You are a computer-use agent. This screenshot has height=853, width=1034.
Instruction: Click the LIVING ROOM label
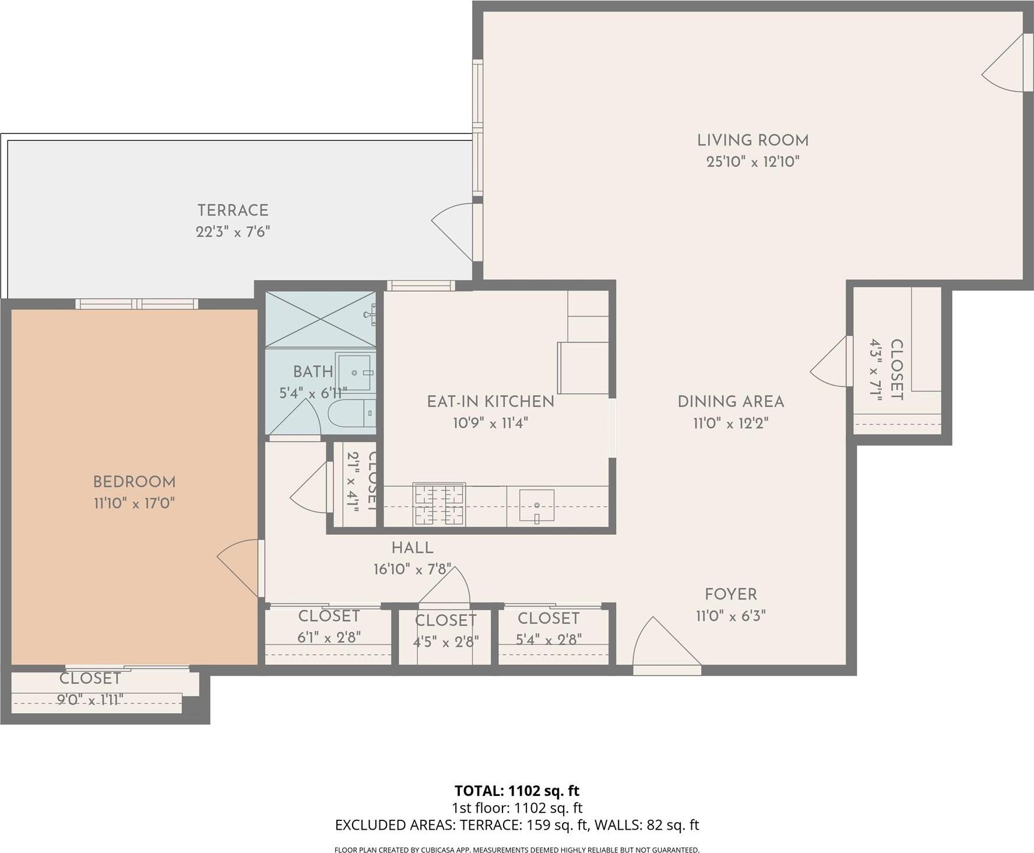[x=752, y=140]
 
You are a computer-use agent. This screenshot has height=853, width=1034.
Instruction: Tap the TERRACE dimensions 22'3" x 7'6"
[x=233, y=232]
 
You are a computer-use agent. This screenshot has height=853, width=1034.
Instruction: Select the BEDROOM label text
[x=134, y=482]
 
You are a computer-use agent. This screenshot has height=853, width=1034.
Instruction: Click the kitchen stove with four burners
[x=439, y=504]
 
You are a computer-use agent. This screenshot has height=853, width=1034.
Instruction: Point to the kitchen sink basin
[x=536, y=505]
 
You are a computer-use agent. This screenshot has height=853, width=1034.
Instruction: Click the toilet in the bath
[x=350, y=414]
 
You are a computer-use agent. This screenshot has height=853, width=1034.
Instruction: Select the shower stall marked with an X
[x=320, y=319]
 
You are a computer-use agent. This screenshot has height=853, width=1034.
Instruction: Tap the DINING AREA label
[x=730, y=401]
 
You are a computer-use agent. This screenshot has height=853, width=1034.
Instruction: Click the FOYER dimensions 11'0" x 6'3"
[x=730, y=616]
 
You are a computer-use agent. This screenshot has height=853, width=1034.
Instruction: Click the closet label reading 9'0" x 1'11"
[x=90, y=699]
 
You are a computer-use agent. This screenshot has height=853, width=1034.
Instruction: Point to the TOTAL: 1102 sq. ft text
[x=516, y=791]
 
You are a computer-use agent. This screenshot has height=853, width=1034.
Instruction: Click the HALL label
[x=412, y=548]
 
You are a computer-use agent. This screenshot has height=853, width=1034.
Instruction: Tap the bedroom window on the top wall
[x=137, y=304]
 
